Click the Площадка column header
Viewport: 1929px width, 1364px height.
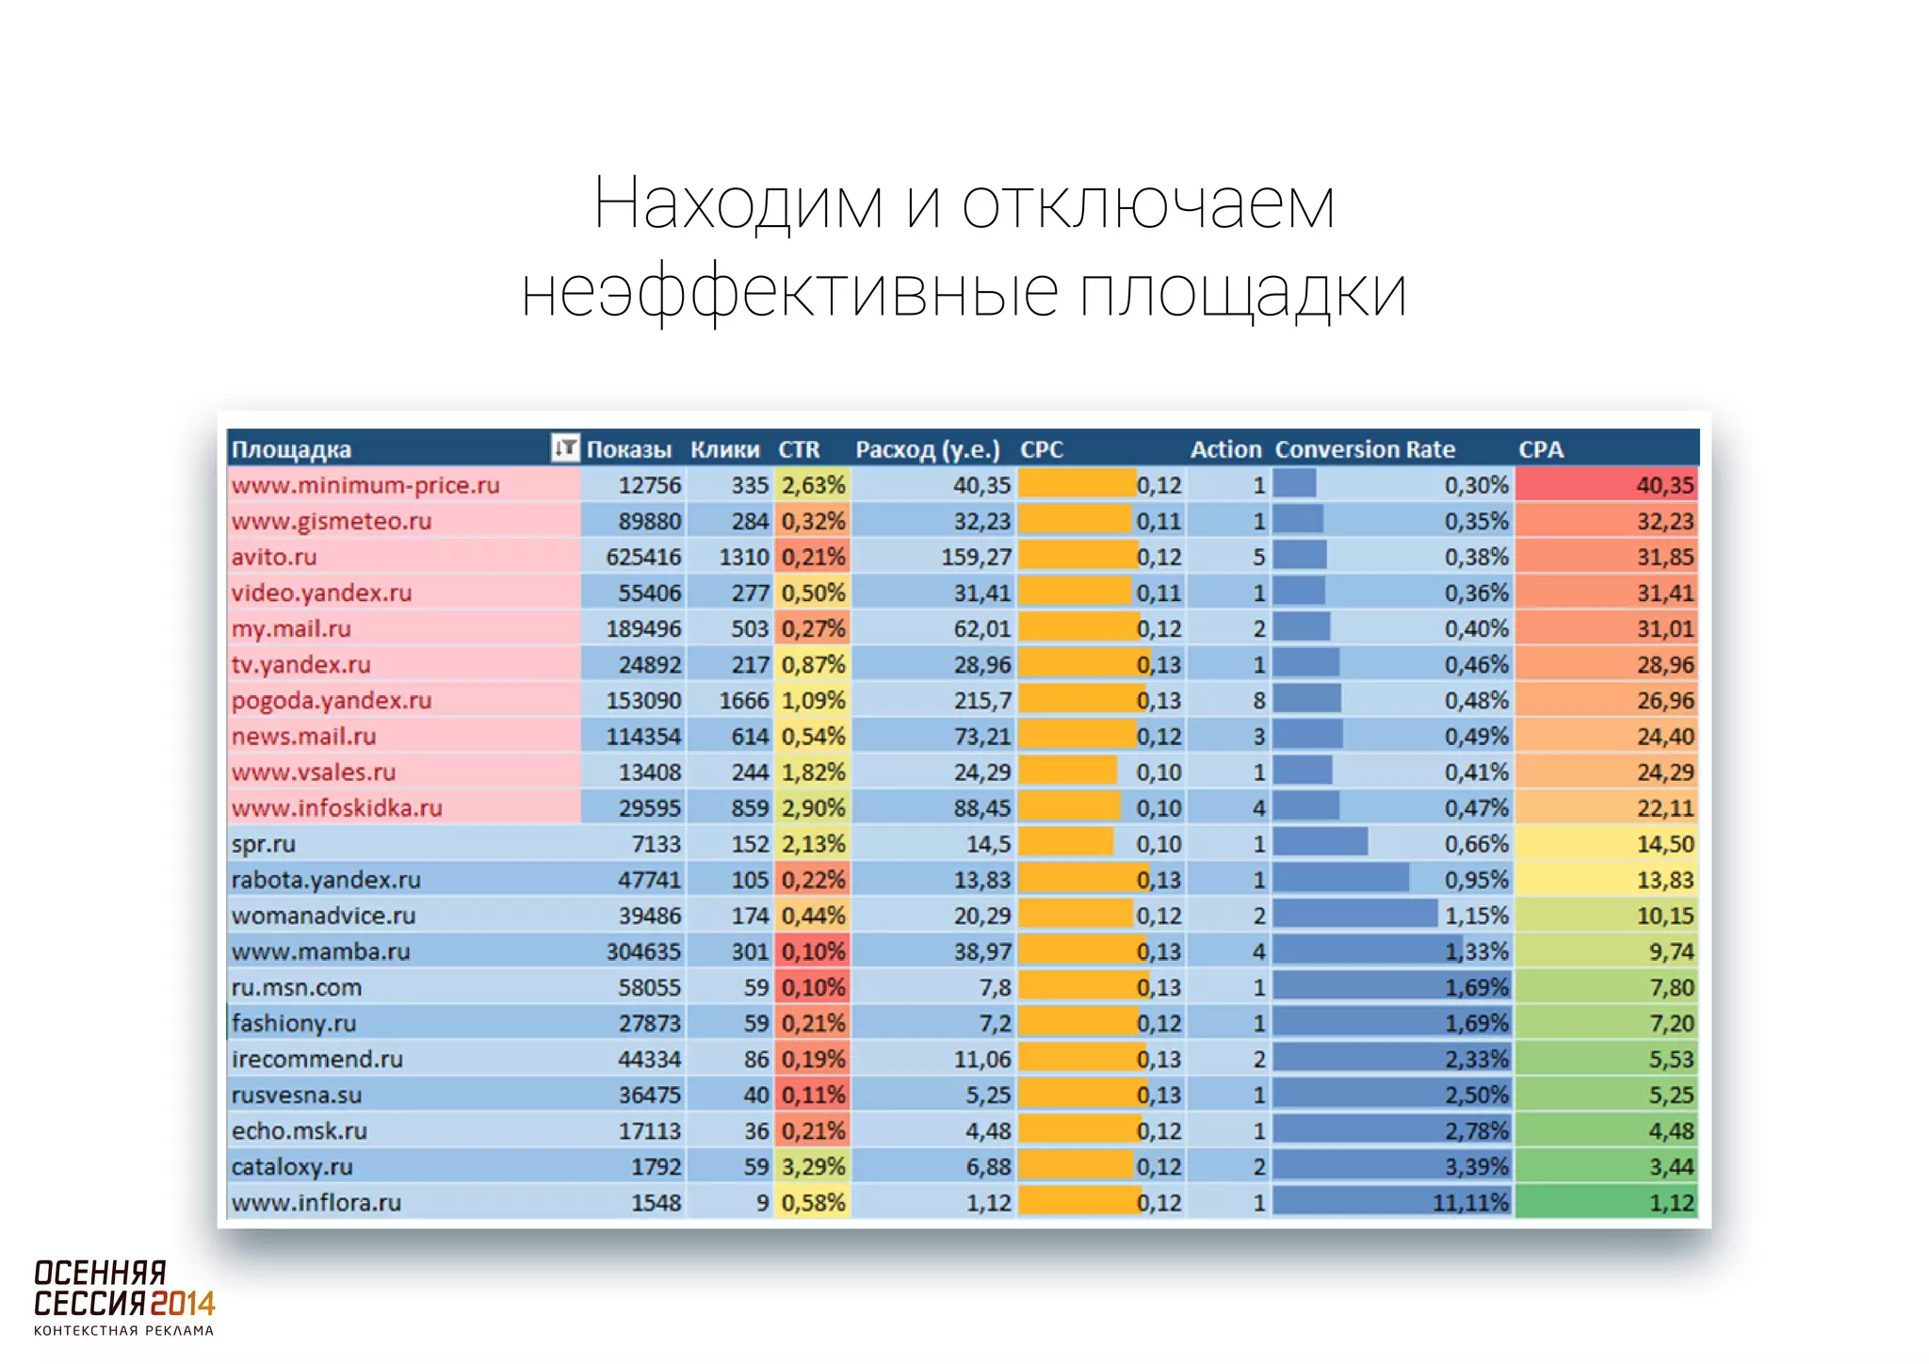[x=291, y=449]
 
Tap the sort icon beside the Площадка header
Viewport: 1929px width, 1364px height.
[x=564, y=447]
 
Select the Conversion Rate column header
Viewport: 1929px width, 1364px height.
[x=1364, y=449]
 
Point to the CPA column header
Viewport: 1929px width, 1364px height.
[x=1540, y=449]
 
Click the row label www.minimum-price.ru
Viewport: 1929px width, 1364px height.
[x=365, y=485]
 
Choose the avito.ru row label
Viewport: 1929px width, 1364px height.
[x=274, y=557]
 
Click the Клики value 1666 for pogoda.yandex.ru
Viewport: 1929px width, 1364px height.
[x=743, y=700]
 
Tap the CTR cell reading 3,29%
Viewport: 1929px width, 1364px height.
[x=813, y=1166]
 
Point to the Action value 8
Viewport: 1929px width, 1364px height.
[x=1258, y=700]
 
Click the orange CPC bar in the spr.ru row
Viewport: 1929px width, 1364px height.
[x=1065, y=843]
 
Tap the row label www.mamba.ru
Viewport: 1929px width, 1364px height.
[x=320, y=951]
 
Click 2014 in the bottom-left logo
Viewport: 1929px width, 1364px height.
[x=183, y=1304]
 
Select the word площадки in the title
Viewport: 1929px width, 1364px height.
[x=1242, y=292]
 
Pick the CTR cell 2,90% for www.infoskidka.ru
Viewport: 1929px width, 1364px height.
[x=813, y=807]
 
